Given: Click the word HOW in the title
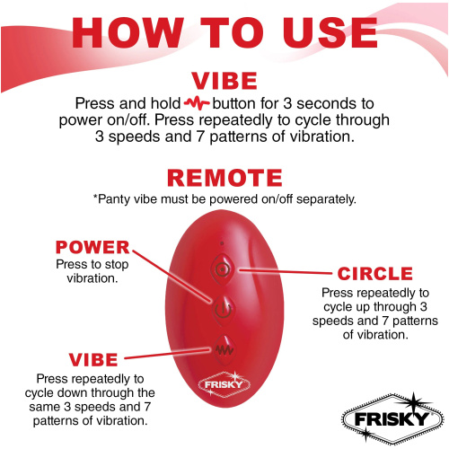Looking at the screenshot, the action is tap(128, 32).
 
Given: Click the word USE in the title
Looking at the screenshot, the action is tap(330, 32).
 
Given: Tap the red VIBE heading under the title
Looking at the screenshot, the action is tap(224, 81).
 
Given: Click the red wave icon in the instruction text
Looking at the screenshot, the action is tap(197, 103).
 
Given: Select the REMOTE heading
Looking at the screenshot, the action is tap(224, 178).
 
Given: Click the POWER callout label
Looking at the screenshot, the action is tap(92, 247).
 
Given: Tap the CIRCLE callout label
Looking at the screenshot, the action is tap(375, 274).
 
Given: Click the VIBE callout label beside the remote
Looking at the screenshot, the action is tap(93, 360).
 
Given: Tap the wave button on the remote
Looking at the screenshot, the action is tap(224, 349).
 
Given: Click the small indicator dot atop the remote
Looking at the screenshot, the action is tap(222, 243).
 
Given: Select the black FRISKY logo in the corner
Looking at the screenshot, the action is tap(392, 418).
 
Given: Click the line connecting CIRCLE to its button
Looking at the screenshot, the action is tap(286, 271).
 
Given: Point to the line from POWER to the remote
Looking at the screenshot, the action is tap(173, 277).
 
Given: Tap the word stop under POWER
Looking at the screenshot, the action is tap(117, 265).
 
